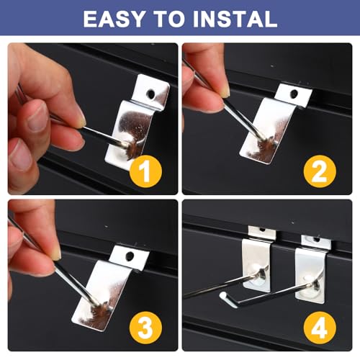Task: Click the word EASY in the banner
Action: (114, 19)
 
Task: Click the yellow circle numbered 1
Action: (145, 171)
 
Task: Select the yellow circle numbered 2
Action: (320, 171)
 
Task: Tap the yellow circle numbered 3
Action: (145, 328)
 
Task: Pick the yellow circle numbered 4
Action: (320, 328)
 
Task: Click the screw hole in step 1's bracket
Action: (151, 94)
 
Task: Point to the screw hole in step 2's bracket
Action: (294, 94)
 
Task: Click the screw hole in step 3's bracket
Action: (130, 256)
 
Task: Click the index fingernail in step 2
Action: (226, 92)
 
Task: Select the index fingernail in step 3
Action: (57, 253)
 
